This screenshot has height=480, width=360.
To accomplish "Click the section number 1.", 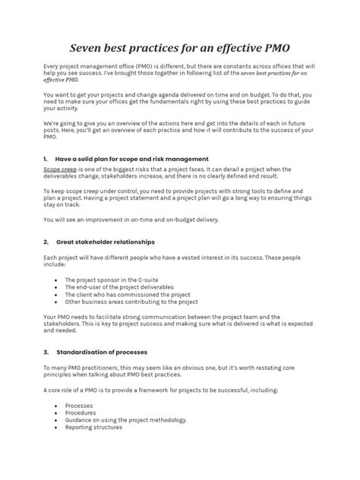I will (x=46, y=159).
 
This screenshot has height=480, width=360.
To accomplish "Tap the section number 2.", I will (x=46, y=242).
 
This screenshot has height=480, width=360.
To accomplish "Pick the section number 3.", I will (x=46, y=352).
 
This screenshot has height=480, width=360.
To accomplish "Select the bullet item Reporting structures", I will (x=93, y=427).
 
